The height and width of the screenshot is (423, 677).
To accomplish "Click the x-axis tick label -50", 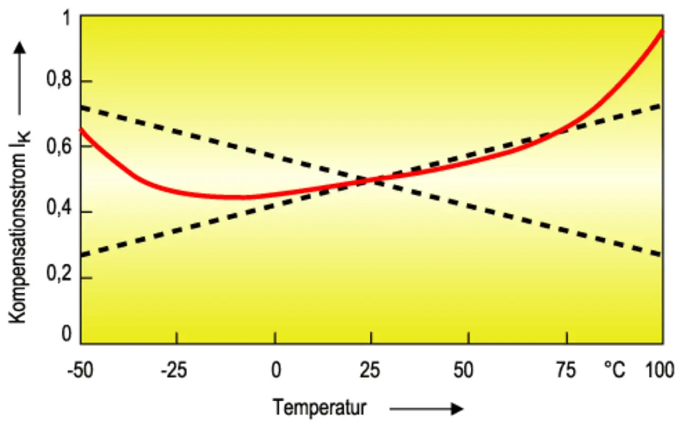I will (80, 371).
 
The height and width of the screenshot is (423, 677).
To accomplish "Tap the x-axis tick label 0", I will (275, 371).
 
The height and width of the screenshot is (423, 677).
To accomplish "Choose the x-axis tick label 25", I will (371, 371).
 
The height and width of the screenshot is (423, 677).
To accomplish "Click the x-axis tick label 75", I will (566, 371).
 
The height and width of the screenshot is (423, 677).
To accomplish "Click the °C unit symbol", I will (615, 371).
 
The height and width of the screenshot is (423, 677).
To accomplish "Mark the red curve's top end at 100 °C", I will (662, 32).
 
